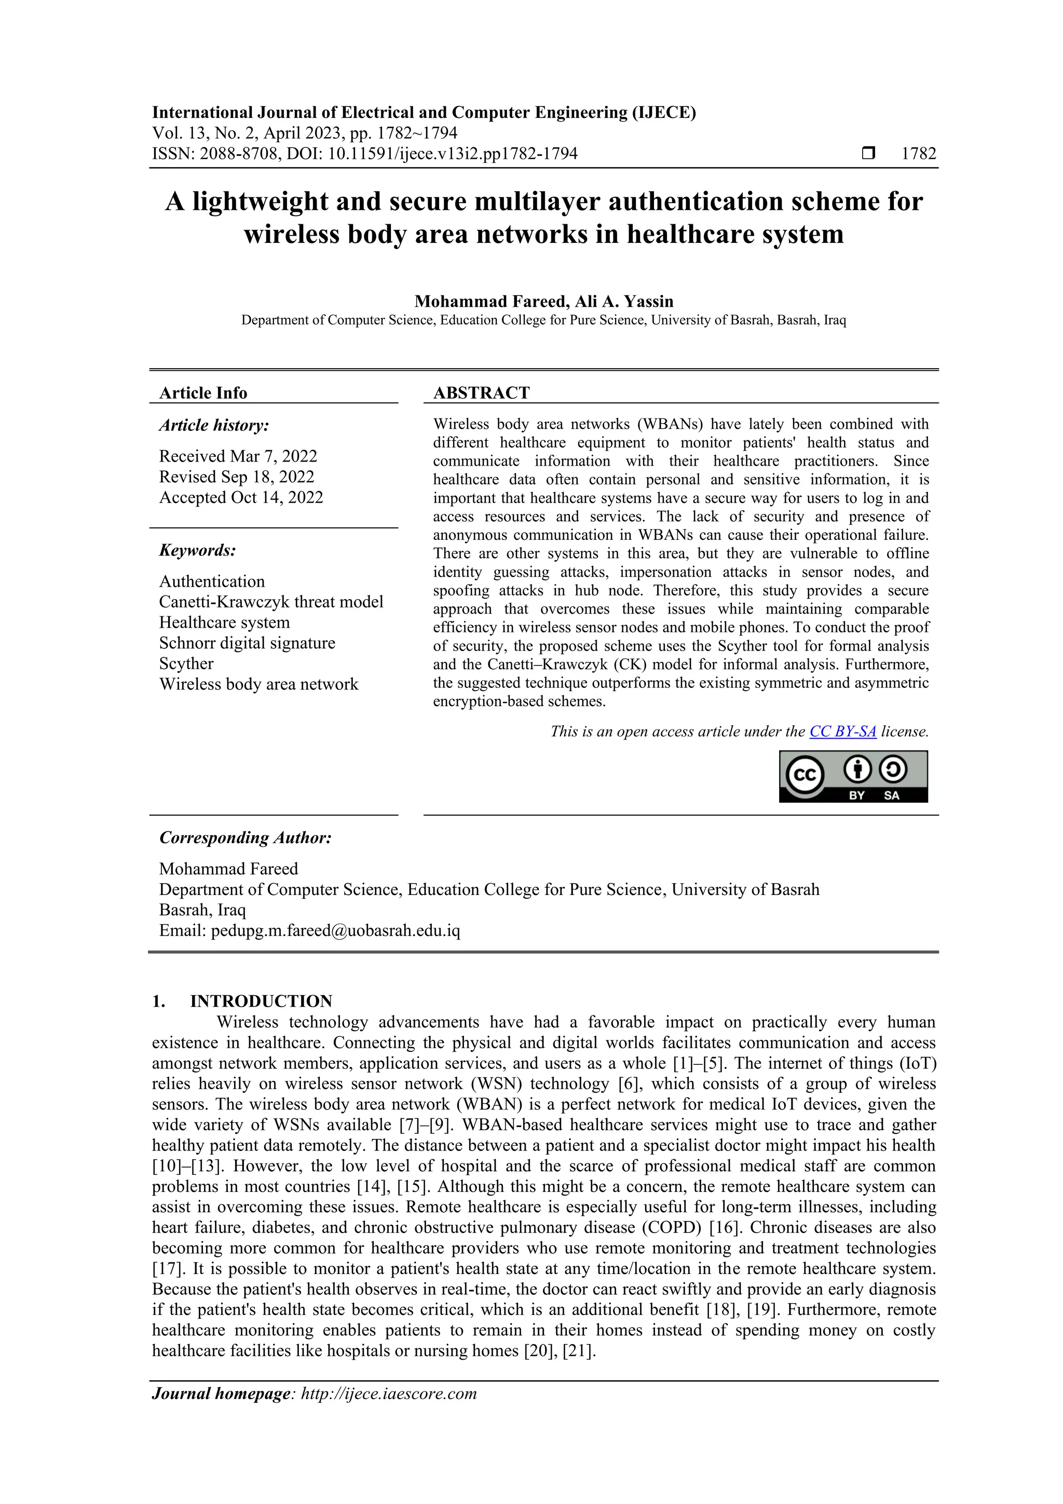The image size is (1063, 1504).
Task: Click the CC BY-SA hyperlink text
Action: (842, 731)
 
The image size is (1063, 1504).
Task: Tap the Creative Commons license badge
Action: (853, 776)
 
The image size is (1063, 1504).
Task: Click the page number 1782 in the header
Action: (918, 154)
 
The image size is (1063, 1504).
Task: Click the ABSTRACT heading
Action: (481, 393)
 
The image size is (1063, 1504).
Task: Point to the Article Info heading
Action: (203, 393)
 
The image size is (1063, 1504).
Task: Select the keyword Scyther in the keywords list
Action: (186, 663)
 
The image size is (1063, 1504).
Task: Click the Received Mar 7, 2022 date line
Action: (238, 456)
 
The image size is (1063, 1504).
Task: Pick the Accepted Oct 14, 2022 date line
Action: (241, 497)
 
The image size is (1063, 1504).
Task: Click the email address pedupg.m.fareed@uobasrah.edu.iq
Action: (335, 931)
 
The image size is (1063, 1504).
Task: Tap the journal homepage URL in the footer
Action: (388, 1393)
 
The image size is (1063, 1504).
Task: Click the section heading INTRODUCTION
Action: (261, 1001)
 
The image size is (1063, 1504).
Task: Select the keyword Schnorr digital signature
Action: (247, 643)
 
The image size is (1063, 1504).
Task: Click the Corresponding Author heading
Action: (245, 838)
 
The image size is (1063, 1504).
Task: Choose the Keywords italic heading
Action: (197, 550)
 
